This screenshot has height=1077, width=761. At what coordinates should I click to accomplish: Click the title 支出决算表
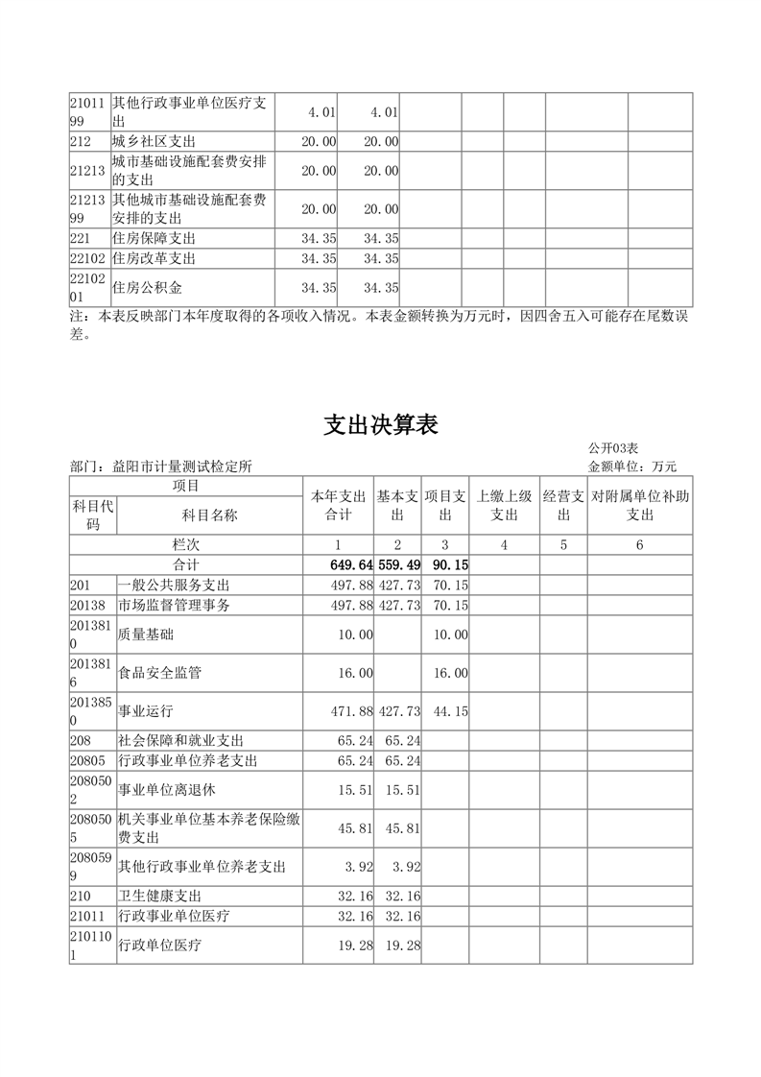[380, 425]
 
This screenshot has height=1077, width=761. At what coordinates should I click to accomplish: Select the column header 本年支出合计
[338, 506]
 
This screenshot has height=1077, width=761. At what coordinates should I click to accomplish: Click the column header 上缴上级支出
[505, 506]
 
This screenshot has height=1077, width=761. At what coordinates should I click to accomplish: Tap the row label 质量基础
[146, 634]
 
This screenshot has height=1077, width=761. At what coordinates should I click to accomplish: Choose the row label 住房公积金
[148, 287]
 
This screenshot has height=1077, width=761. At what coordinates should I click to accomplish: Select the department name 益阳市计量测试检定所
[182, 467]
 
